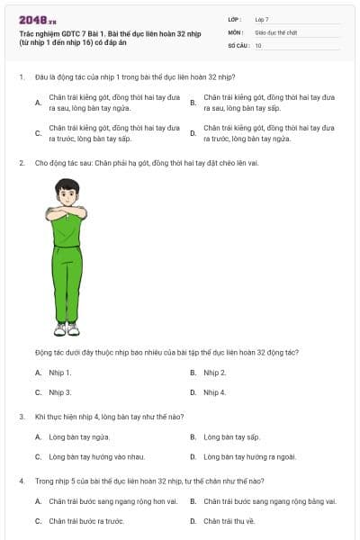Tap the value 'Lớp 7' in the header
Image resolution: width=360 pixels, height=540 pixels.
(263, 19)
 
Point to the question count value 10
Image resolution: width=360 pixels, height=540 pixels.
(258, 44)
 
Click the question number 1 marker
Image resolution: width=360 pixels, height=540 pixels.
(21, 76)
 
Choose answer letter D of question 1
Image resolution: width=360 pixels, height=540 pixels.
(193, 133)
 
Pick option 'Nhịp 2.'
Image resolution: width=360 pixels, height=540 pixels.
(214, 373)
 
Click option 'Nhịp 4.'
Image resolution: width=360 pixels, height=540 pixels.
(214, 392)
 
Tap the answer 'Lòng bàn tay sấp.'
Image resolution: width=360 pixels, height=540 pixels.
(231, 436)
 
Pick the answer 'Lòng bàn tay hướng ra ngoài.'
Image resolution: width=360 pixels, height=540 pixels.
(244, 456)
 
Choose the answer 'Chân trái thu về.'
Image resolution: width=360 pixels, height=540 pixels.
(229, 520)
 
